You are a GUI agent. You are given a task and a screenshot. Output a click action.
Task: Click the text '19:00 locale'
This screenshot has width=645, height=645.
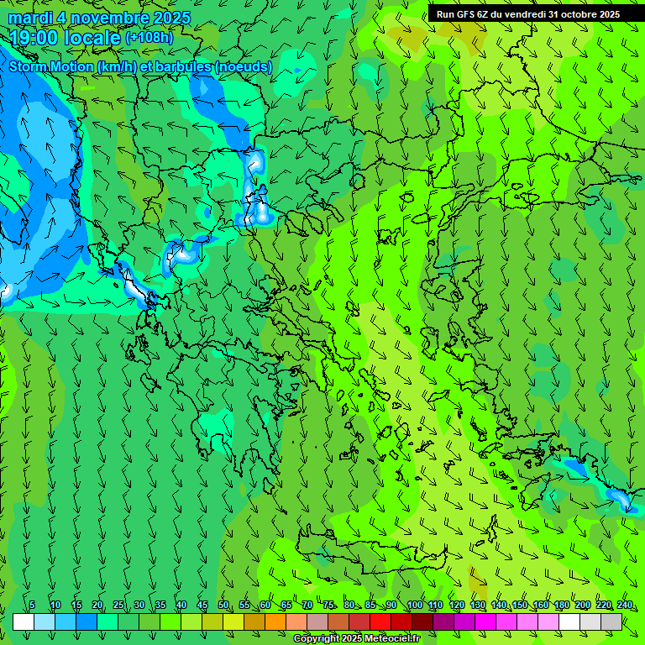point(66,38)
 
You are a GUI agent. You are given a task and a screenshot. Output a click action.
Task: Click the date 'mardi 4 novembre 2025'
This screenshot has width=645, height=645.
point(99,18)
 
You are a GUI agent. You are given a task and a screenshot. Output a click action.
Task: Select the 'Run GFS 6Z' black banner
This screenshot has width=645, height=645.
point(527,14)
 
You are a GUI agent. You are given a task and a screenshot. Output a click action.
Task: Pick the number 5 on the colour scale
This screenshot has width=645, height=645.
point(32,605)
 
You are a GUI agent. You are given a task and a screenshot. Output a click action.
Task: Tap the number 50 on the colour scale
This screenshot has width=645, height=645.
point(223,605)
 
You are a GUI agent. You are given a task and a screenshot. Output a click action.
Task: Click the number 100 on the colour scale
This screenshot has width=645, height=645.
point(414,605)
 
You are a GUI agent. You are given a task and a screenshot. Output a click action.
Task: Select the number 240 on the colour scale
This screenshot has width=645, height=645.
point(625,605)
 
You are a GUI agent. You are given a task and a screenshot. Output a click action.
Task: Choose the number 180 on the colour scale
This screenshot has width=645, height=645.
point(561,605)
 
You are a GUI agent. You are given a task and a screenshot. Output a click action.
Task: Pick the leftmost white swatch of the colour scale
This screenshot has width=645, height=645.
point(24,621)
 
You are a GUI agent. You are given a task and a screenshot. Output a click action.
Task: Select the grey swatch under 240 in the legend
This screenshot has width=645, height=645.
point(611,621)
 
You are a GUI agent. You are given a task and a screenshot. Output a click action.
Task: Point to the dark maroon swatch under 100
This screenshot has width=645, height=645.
point(422,621)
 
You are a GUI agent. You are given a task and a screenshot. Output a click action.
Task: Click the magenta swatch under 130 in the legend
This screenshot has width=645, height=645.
point(485,621)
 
